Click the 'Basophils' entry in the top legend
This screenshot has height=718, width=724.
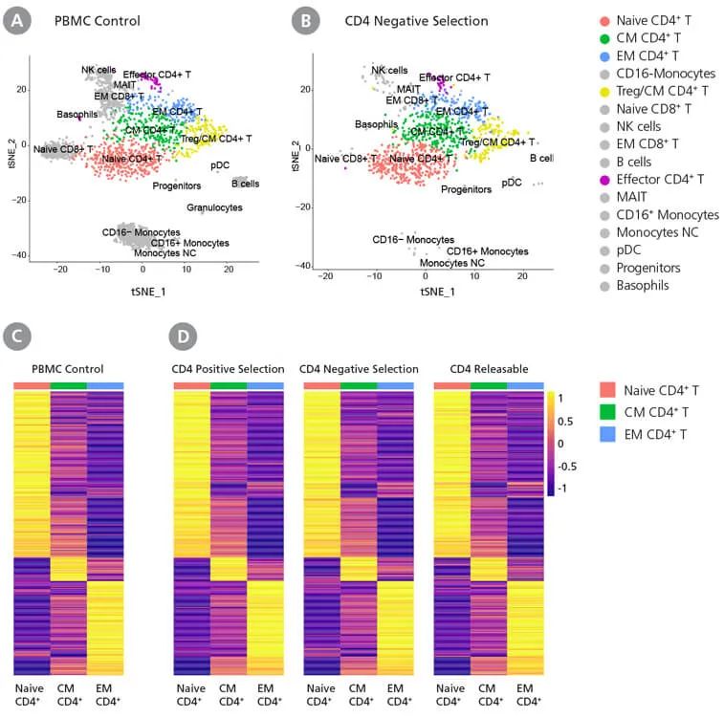[x=643, y=284]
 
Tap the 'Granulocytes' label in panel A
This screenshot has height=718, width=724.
[x=214, y=207]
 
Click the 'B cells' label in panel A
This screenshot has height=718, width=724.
[x=244, y=184]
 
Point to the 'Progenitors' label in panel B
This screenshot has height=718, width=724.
[x=466, y=189]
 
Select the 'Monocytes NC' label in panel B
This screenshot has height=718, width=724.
[x=452, y=262]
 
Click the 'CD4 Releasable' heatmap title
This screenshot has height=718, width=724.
[x=479, y=368]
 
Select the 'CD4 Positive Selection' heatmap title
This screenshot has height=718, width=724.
[x=228, y=368]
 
